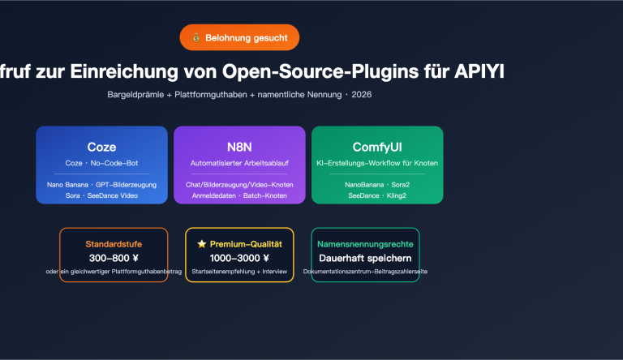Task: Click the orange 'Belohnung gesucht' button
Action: (x=239, y=37)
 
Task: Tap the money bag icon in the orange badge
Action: (x=196, y=37)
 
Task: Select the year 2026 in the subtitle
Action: (x=362, y=95)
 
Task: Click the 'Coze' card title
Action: (x=101, y=147)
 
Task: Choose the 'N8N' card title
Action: (x=239, y=147)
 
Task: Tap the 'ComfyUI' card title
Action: (x=377, y=147)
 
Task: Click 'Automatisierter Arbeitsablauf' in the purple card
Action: (x=239, y=163)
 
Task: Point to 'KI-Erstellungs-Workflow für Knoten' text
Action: (x=377, y=163)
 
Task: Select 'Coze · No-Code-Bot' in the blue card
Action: (x=101, y=163)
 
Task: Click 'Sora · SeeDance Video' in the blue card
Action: (x=101, y=196)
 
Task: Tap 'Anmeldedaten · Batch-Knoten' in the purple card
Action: (x=239, y=196)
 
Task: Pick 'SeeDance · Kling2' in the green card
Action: (x=377, y=196)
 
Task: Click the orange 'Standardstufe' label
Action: (x=114, y=243)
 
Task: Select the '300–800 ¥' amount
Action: (x=114, y=258)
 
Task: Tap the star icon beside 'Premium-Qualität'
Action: (x=201, y=243)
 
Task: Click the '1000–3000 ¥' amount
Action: (x=239, y=258)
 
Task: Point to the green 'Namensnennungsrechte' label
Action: (x=365, y=243)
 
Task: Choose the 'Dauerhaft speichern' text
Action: (x=365, y=258)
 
